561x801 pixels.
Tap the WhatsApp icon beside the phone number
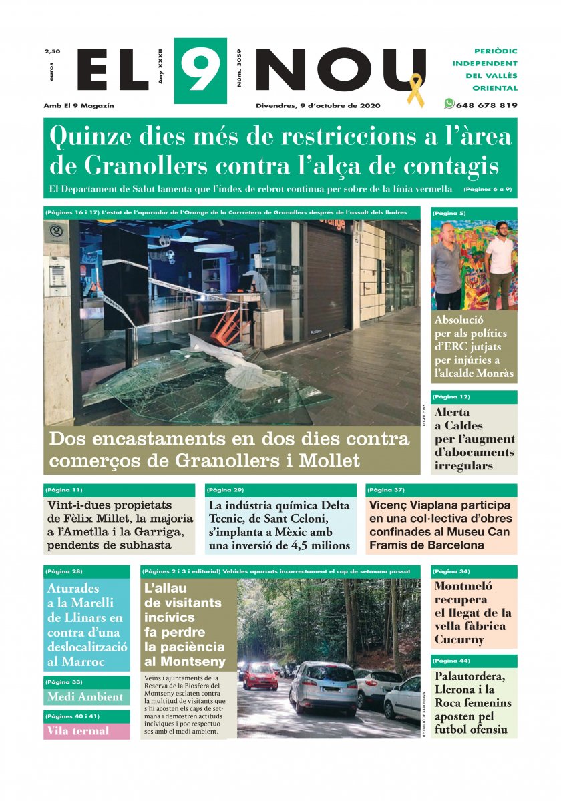coord(449,104)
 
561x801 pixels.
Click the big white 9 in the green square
coord(200,71)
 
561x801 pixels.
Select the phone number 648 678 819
coord(486,105)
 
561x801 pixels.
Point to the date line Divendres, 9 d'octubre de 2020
coord(318,105)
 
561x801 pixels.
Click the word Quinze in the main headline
coord(88,136)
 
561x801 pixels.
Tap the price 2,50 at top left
coord(52,51)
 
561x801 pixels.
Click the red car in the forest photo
coord(260,676)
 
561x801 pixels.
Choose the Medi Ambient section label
coord(85,697)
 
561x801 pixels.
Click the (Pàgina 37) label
coord(386,490)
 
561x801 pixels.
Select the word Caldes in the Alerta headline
coord(459,425)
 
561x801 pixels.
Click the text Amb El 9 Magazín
coord(79,105)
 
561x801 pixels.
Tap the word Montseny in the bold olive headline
coord(185,662)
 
